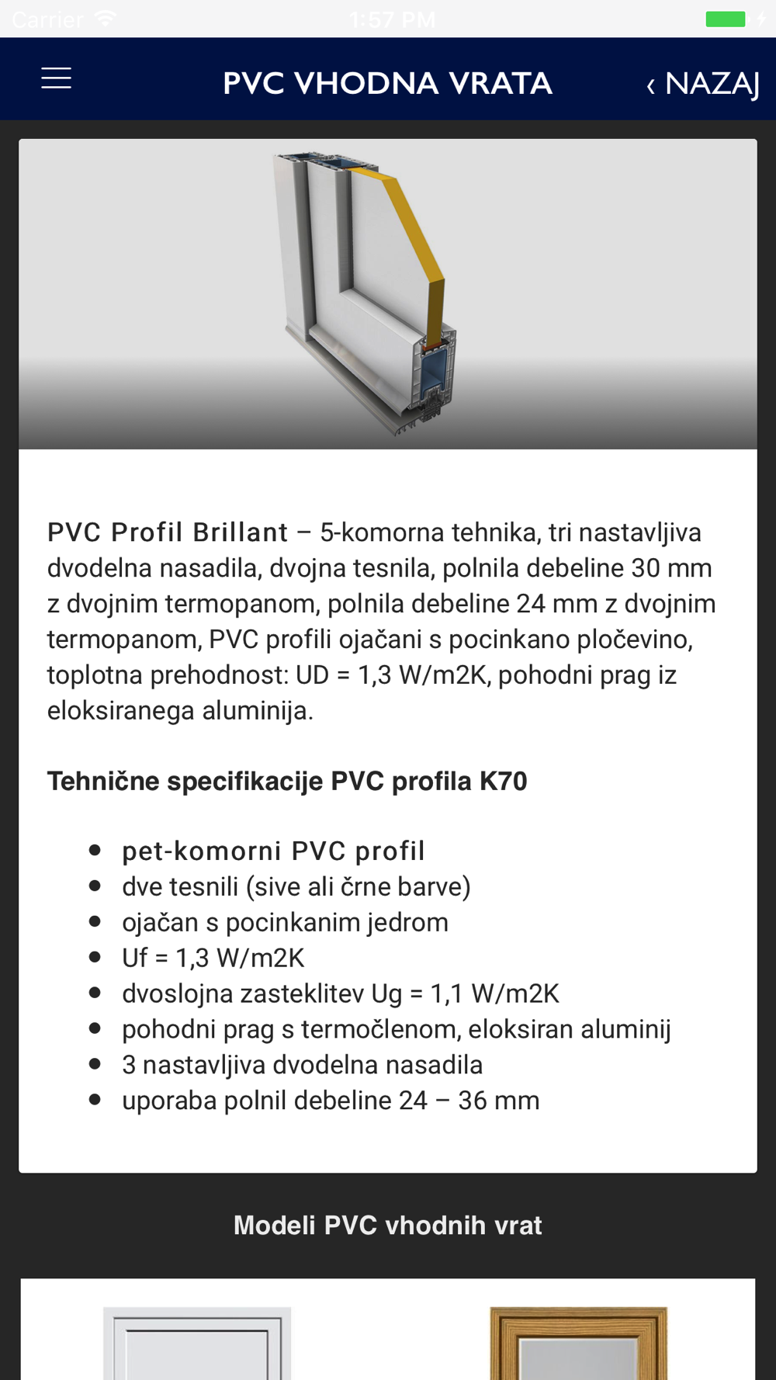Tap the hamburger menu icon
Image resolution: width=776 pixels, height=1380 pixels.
(56, 78)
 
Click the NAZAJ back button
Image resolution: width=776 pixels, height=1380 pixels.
(703, 83)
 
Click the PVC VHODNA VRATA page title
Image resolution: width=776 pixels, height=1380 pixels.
(387, 83)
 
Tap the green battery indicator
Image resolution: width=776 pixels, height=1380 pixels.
(725, 19)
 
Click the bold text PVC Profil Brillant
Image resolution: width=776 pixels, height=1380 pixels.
(168, 532)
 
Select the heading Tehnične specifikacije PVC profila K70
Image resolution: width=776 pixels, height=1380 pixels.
(287, 781)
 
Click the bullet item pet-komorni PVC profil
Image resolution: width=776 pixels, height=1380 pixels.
(273, 851)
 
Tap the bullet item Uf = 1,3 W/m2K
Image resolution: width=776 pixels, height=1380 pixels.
(213, 958)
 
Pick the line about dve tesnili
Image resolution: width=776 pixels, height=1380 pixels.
(296, 886)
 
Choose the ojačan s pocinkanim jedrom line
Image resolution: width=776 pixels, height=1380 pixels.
(285, 922)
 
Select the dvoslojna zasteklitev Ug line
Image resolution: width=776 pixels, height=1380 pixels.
(340, 993)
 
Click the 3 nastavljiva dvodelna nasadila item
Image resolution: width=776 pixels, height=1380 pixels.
(302, 1065)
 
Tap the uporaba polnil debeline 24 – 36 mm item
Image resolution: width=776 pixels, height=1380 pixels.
(330, 1101)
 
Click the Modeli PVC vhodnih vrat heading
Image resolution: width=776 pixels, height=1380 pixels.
(387, 1226)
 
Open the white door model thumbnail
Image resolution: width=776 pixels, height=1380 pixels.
(197, 1343)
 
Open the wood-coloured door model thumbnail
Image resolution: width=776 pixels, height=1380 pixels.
(578, 1343)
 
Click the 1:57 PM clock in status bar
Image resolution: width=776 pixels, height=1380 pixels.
(392, 19)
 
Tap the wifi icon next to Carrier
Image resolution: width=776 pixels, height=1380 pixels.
(105, 19)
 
